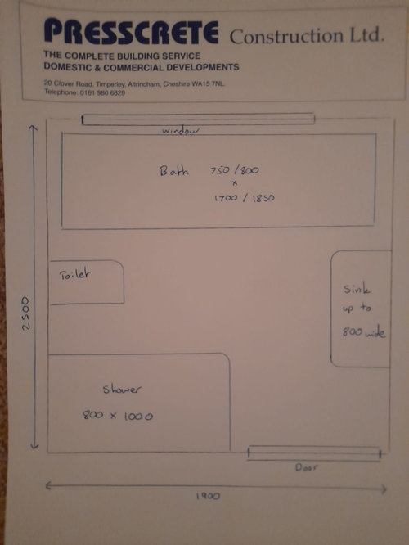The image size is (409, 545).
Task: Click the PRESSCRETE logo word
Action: [x=132, y=32]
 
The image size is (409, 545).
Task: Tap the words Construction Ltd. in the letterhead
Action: [x=308, y=36]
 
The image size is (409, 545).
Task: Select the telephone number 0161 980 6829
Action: [x=102, y=92]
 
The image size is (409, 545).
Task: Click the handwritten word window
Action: [x=181, y=131]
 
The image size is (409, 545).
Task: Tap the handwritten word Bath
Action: [x=174, y=171]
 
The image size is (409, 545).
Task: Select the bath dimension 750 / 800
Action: [x=235, y=171]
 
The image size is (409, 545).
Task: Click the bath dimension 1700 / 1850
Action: [x=245, y=198]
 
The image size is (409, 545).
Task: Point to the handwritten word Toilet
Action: [x=74, y=275]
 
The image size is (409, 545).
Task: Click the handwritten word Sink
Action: [x=357, y=289]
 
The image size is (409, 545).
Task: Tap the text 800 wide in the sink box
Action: [x=364, y=332]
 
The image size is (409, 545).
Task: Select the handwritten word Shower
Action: [x=122, y=389]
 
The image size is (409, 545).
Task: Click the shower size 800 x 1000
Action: [x=118, y=416]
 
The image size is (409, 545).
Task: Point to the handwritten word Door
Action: [x=306, y=467]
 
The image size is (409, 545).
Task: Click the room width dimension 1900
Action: [x=208, y=496]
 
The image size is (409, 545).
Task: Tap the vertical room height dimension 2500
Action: [x=26, y=313]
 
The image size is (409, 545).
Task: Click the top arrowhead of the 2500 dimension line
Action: [x=33, y=127]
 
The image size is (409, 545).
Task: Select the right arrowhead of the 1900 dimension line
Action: [x=386, y=489]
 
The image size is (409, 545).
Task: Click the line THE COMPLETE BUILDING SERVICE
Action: [x=122, y=56]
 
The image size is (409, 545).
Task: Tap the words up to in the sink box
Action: [x=357, y=309]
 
